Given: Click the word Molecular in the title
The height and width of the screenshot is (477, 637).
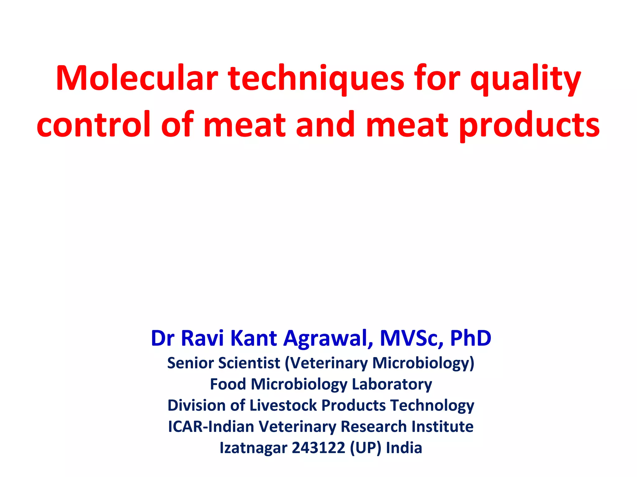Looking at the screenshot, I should tap(137, 78).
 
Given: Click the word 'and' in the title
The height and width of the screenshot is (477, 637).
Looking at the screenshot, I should tap(325, 125).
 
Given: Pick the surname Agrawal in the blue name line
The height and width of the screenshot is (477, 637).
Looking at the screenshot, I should tap(328, 338).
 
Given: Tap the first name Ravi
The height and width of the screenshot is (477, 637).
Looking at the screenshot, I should tap(202, 338).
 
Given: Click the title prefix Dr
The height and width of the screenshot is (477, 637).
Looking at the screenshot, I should tap(163, 338).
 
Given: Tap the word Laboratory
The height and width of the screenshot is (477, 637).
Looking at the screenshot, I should tap(392, 385).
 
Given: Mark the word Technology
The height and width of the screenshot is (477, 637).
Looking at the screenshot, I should tap(432, 406).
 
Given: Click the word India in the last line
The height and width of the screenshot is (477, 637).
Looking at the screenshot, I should tap(404, 448).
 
